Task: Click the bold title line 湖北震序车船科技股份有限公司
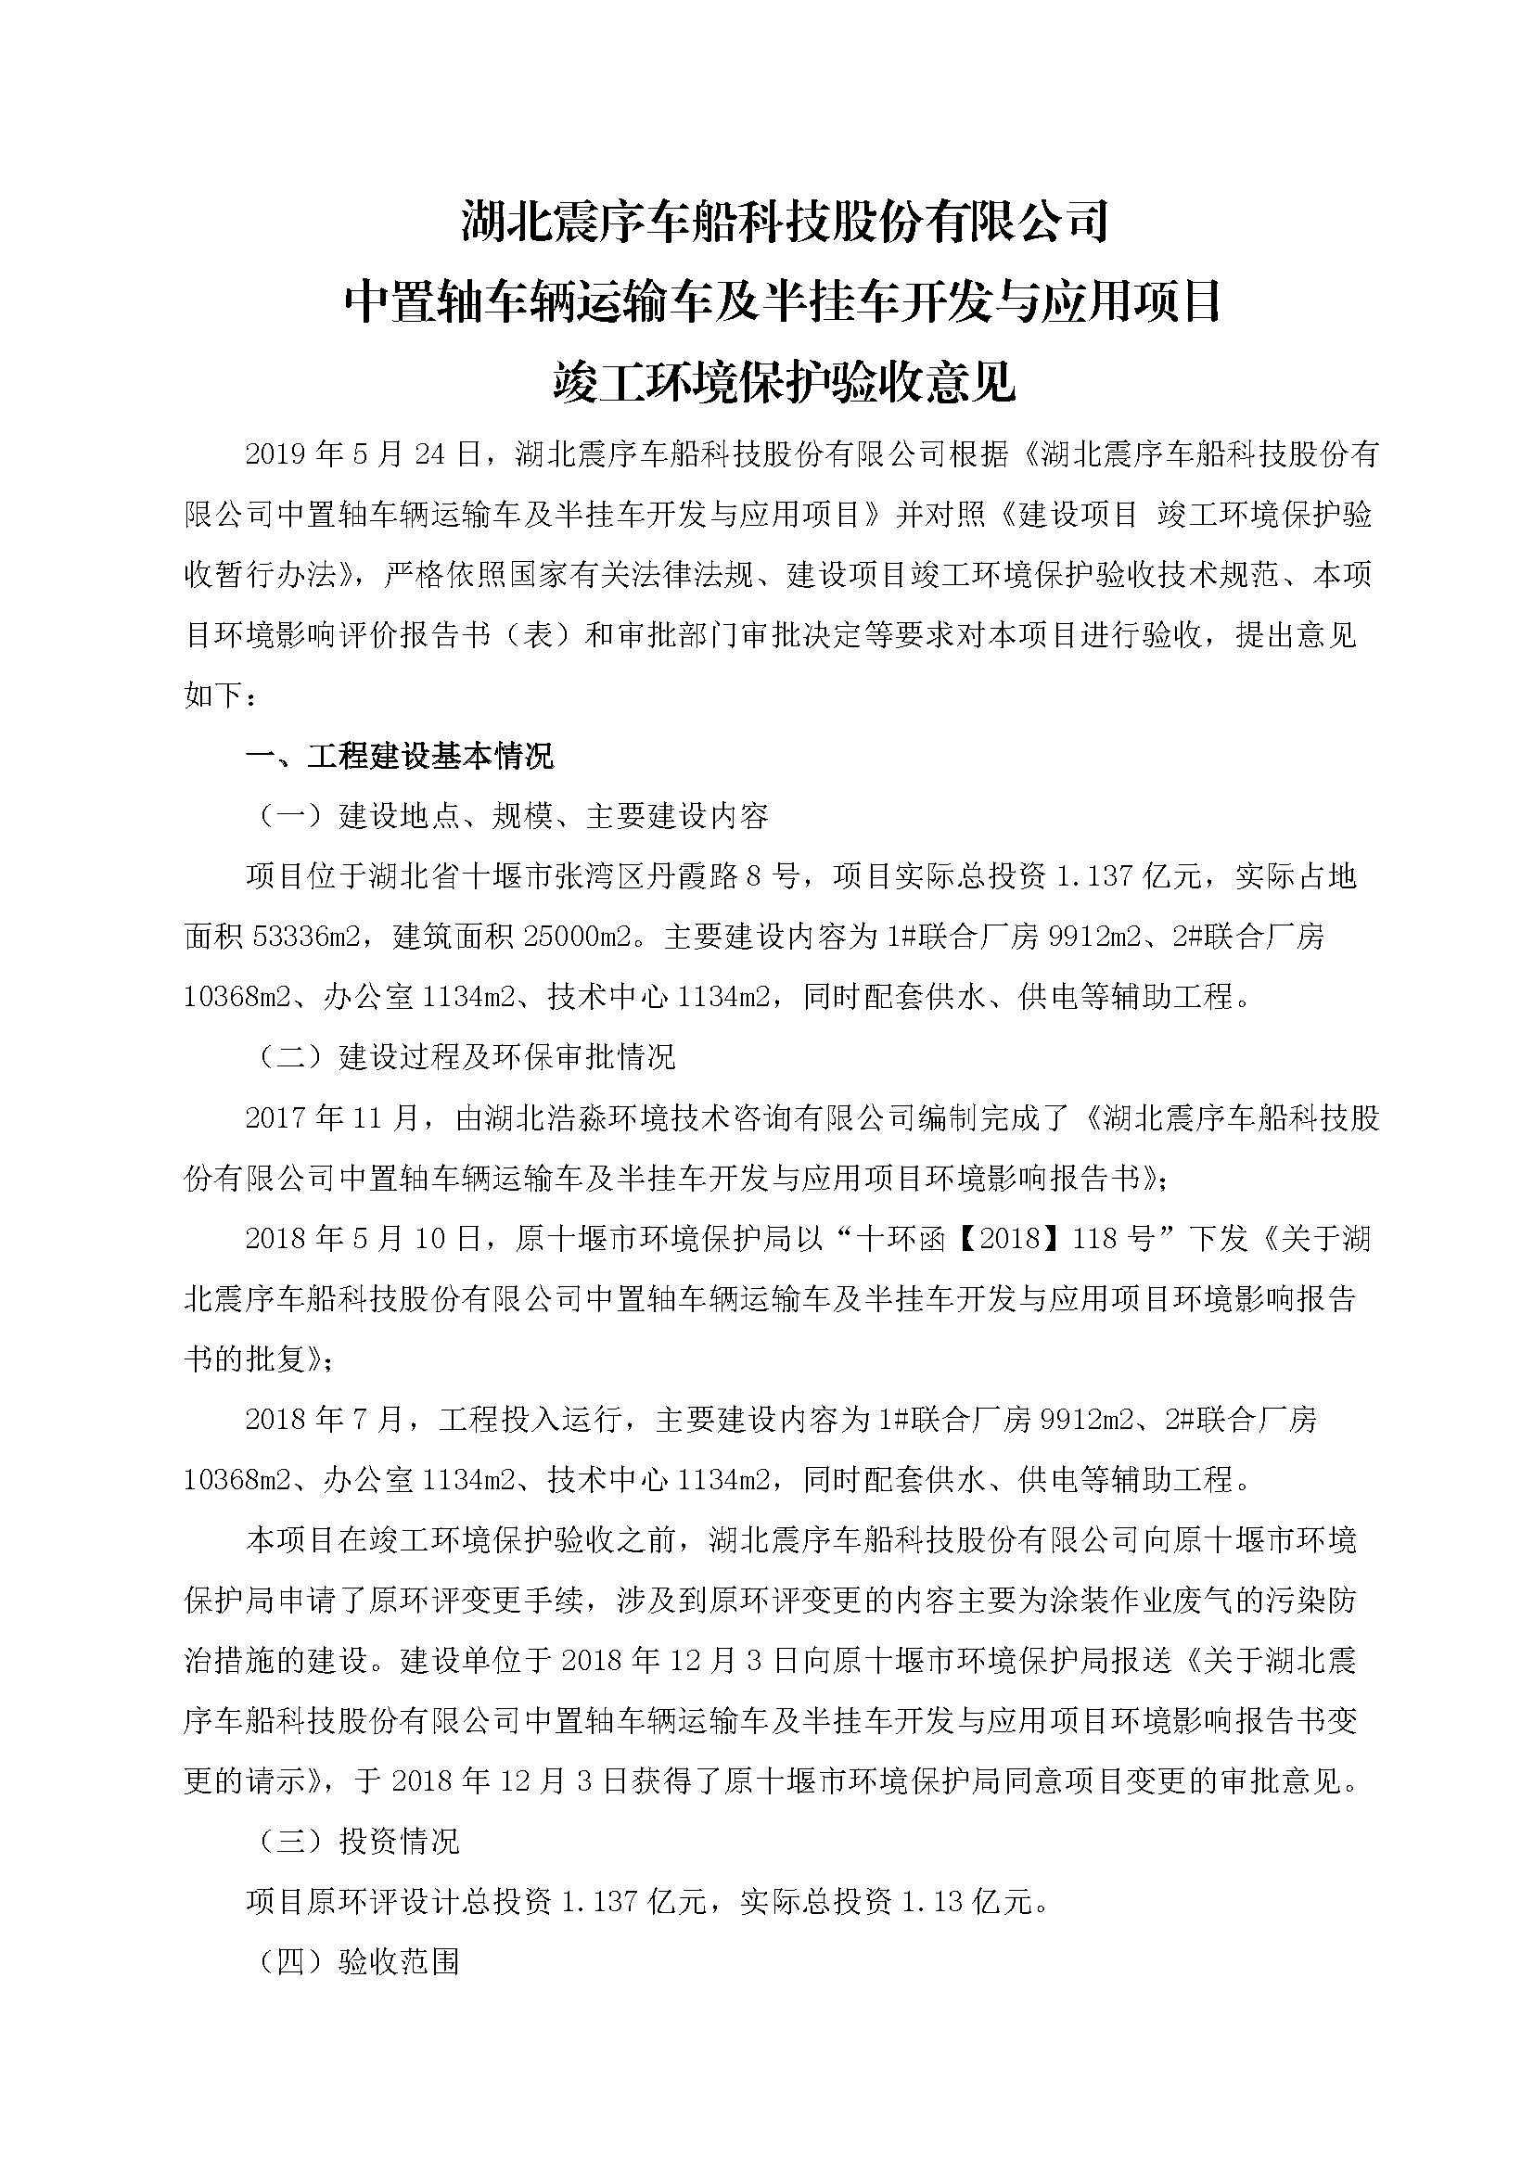pos(783,223)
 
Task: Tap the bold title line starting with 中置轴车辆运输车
pos(783,303)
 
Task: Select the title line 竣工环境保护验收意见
pos(783,384)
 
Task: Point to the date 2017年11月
pos(330,1117)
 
